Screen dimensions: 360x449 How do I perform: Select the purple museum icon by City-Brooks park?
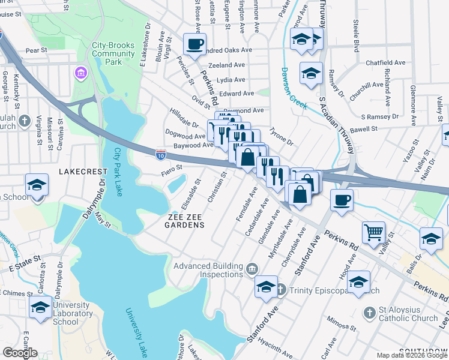click(80, 73)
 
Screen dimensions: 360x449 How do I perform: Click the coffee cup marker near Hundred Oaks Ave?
click(195, 46)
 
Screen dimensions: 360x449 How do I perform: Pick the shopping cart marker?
click(373, 232)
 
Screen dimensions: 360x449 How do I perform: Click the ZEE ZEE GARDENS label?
click(185, 225)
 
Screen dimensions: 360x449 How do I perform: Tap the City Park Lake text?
click(118, 172)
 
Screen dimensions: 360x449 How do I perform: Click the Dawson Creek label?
click(294, 91)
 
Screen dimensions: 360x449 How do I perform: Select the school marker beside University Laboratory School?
click(40, 308)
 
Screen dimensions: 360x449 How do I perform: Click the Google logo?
click(20, 353)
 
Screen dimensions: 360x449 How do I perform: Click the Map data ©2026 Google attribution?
click(412, 355)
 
